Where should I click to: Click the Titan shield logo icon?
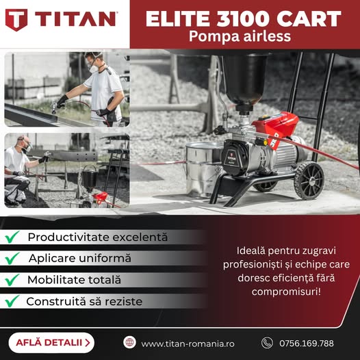click(x=16, y=20)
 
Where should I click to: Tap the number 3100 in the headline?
click(x=244, y=18)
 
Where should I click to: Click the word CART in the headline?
click(x=309, y=18)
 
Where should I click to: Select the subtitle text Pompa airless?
click(x=240, y=37)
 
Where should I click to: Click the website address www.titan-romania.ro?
click(x=188, y=344)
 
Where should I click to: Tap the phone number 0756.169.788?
click(x=307, y=344)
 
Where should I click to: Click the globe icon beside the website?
click(x=129, y=342)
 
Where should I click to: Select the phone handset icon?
click(x=267, y=343)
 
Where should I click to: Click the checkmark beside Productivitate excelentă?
click(x=12, y=237)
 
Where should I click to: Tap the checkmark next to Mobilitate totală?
click(x=12, y=280)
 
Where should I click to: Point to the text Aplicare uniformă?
click(x=80, y=258)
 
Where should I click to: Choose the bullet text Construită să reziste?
click(x=84, y=301)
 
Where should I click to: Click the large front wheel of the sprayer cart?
click(x=309, y=181)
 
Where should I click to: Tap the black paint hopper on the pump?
click(x=245, y=80)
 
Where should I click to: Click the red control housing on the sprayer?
click(x=276, y=127)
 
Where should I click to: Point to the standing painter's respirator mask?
click(x=94, y=68)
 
